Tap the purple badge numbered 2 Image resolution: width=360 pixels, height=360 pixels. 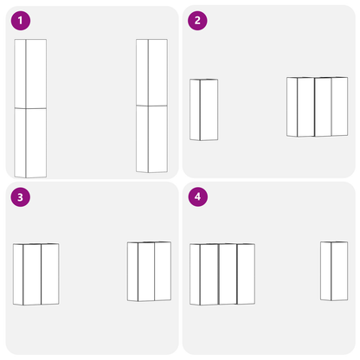(198, 20)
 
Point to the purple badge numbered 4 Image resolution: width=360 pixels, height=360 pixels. (198, 196)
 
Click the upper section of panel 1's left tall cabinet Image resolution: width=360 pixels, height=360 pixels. (31, 74)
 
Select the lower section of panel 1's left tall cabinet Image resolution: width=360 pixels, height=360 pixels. (31, 143)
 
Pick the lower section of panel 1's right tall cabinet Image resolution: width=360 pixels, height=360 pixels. (152, 138)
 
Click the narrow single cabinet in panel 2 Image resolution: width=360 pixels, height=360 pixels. (204, 109)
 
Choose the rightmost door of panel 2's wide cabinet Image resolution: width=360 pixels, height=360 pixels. (332, 106)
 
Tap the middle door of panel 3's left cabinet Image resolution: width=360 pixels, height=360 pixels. (32, 273)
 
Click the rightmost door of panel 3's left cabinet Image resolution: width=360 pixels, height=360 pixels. (49, 273)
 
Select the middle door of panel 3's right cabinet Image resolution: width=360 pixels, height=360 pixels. (146, 272)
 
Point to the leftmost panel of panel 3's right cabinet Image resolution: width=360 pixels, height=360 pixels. (132, 272)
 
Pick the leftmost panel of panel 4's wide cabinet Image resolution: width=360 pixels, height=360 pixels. (196, 273)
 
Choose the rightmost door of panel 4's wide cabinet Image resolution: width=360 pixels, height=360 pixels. (246, 273)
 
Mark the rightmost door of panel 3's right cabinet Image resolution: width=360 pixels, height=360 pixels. (163, 272)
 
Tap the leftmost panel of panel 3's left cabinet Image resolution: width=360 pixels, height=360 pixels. (18, 273)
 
